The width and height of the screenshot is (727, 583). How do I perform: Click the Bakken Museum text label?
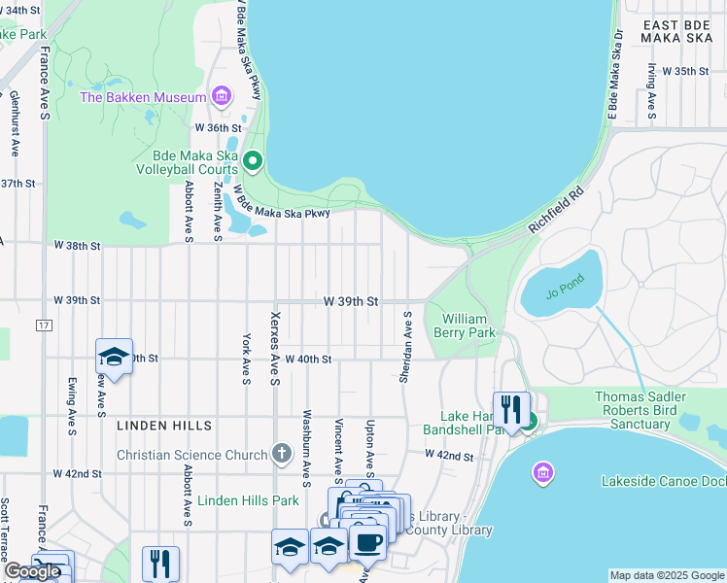[143, 97]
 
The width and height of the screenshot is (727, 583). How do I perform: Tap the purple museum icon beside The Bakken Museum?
[223, 97]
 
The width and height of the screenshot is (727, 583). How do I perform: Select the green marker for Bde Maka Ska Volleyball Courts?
[253, 161]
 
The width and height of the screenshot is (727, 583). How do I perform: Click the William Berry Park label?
[468, 326]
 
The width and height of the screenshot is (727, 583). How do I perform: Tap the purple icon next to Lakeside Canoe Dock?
[542, 473]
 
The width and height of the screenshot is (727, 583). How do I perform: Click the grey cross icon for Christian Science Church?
[282, 454]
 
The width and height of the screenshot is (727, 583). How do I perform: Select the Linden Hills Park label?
[249, 500]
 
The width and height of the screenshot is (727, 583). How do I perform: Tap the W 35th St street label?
[679, 71]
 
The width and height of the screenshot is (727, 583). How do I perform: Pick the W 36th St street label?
[217, 127]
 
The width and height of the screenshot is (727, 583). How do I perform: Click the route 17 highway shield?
[44, 324]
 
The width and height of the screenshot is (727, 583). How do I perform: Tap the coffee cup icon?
[367, 545]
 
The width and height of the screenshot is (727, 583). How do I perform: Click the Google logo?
[32, 571]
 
